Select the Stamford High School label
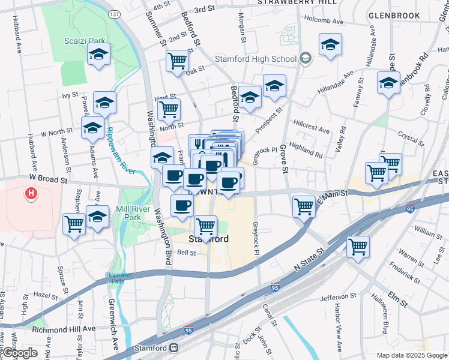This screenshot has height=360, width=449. pos(256,59)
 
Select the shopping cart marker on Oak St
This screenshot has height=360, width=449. pos(177,61)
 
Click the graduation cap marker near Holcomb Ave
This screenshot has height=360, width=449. pos(330,44)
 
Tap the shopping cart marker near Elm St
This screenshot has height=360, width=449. pos(358,246)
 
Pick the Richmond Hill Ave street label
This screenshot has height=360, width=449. pos(64,329)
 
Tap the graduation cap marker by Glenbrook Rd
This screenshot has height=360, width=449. pos(388,83)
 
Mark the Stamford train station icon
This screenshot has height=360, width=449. pos(173,348)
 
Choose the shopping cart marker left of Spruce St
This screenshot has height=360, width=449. pos(74,224)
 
